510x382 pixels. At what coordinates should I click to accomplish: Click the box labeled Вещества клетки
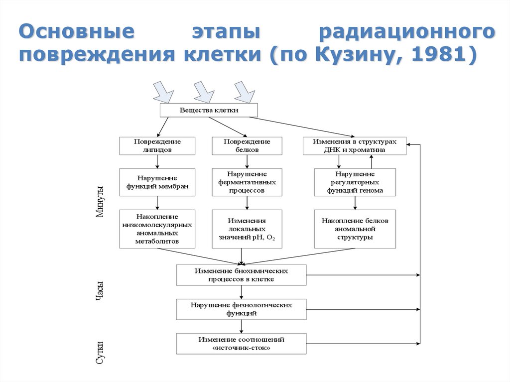[209, 110]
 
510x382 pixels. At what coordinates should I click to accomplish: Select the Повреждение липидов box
[157, 145]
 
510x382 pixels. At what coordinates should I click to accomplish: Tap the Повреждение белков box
[247, 145]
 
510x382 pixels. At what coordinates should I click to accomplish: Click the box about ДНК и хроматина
[355, 145]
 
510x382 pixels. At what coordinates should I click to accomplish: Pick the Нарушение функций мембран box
[157, 182]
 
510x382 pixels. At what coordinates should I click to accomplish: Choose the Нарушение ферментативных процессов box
[247, 182]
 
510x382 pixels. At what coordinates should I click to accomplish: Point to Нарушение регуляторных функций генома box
[355, 182]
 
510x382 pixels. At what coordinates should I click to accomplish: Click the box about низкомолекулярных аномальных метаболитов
[157, 229]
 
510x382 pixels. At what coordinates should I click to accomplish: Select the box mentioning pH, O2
[247, 229]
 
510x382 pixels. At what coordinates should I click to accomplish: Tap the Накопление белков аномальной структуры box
[355, 229]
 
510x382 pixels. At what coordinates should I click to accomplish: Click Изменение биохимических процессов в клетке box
[242, 274]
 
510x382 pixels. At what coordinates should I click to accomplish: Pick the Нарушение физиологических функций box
[242, 309]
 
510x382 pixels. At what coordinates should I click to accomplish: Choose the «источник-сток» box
[242, 344]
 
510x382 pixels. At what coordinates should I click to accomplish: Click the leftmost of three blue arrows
[163, 92]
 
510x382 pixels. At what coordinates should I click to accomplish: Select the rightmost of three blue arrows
[245, 92]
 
